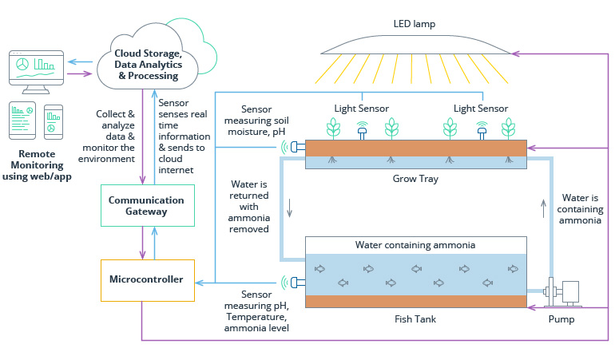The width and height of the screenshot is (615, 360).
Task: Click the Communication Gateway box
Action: pyautogui.click(x=146, y=205)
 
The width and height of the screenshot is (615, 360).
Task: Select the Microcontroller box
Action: pyautogui.click(x=146, y=279)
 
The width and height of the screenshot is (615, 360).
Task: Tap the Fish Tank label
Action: pyautogui.click(x=416, y=319)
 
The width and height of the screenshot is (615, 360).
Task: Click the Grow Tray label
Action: pyautogui.click(x=416, y=179)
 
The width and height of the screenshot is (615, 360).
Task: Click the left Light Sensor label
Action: pyautogui.click(x=361, y=108)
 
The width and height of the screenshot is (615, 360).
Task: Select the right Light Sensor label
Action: pyautogui.click(x=481, y=108)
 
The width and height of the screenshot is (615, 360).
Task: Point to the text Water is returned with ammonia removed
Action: pyautogui.click(x=250, y=206)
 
